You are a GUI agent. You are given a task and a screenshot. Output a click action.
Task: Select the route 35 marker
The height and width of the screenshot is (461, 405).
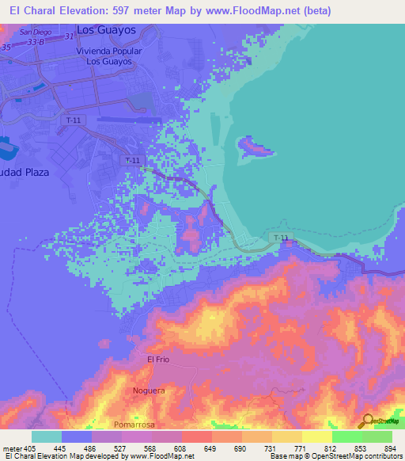click(x=6, y=48)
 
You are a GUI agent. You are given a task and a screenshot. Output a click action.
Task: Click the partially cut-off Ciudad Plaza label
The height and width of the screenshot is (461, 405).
click(x=24, y=172)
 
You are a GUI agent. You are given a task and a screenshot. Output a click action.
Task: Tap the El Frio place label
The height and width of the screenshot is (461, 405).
click(x=159, y=359)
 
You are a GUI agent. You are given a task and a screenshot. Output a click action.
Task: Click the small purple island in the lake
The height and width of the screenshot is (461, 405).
click(x=256, y=147)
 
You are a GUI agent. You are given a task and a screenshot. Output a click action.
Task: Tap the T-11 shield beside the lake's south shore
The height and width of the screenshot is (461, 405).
click(x=280, y=238)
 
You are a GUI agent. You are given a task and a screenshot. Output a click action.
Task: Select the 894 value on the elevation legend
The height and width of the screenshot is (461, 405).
click(x=392, y=448)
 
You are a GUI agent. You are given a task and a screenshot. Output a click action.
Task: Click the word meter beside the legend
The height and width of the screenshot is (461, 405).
click(x=12, y=448)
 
